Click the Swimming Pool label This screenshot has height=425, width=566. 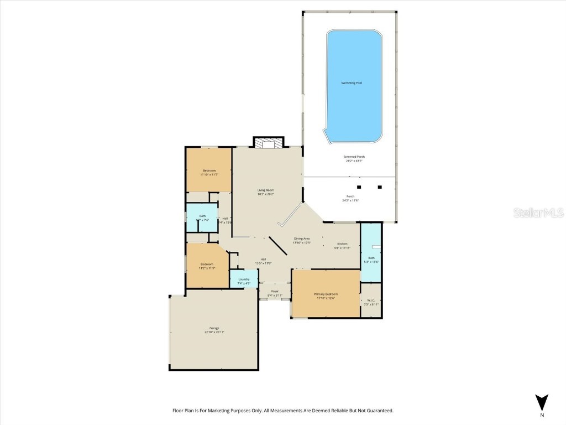(352, 83)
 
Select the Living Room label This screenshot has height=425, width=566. (266, 190)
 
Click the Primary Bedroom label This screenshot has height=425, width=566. (326, 294)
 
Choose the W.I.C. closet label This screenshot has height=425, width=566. (371, 300)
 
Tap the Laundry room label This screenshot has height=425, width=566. (244, 279)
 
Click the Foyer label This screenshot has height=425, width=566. (275, 291)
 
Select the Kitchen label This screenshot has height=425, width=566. (343, 244)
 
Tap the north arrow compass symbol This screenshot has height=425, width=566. (542, 402)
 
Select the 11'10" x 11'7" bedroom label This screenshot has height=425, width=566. (209, 170)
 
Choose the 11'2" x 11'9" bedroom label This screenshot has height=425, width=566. (207, 265)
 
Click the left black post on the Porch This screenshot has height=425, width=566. (359, 187)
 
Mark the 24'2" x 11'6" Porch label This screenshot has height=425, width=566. (350, 196)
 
